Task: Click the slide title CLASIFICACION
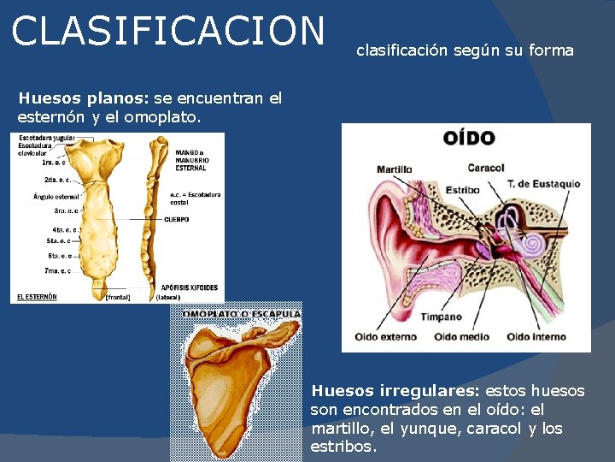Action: pyautogui.click(x=168, y=31)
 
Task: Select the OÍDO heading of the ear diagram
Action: pyautogui.click(x=468, y=139)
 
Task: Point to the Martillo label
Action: pyautogui.click(x=394, y=169)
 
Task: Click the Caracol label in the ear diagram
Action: pyautogui.click(x=486, y=168)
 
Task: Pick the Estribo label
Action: pyautogui.click(x=462, y=188)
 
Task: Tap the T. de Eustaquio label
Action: pyautogui.click(x=543, y=184)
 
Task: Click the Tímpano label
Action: pyautogui.click(x=441, y=317)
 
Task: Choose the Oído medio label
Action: pyautogui.click(x=462, y=337)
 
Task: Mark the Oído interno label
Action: pyautogui.click(x=536, y=337)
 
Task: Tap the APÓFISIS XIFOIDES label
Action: pyautogui.click(x=190, y=287)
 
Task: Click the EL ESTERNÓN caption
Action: pyautogui.click(x=37, y=297)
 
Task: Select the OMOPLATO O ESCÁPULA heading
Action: pyautogui.click(x=242, y=313)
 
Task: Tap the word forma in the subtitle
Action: pyautogui.click(x=551, y=50)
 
